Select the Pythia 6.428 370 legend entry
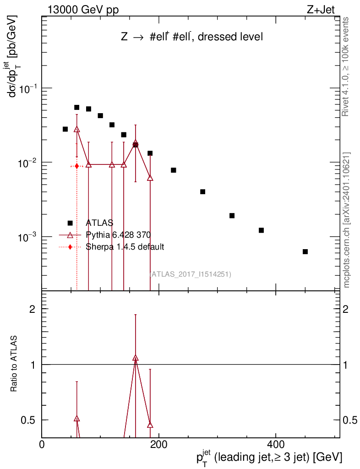118,235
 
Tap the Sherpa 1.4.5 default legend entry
125,247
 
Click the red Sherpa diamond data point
77,166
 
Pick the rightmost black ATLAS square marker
305,251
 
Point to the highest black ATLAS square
77,108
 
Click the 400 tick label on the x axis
275,445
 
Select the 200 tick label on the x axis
158,445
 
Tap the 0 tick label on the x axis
42,445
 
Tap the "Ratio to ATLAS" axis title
15,365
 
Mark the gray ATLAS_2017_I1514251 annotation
190,274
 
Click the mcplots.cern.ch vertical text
347,220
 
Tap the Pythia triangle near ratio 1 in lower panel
135,358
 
